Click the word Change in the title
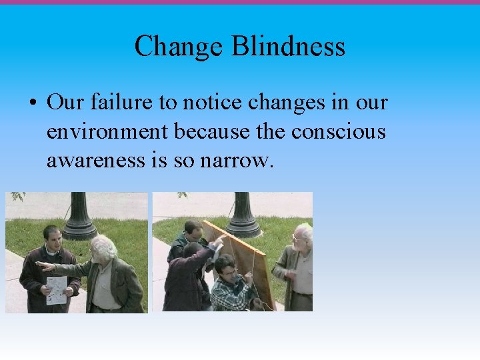[x=178, y=47]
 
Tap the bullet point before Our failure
[x=31, y=104]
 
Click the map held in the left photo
[x=56, y=289]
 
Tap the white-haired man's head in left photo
[x=103, y=248]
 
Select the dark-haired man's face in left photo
[x=52, y=237]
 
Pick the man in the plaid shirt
[x=230, y=287]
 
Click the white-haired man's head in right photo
[x=303, y=235]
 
